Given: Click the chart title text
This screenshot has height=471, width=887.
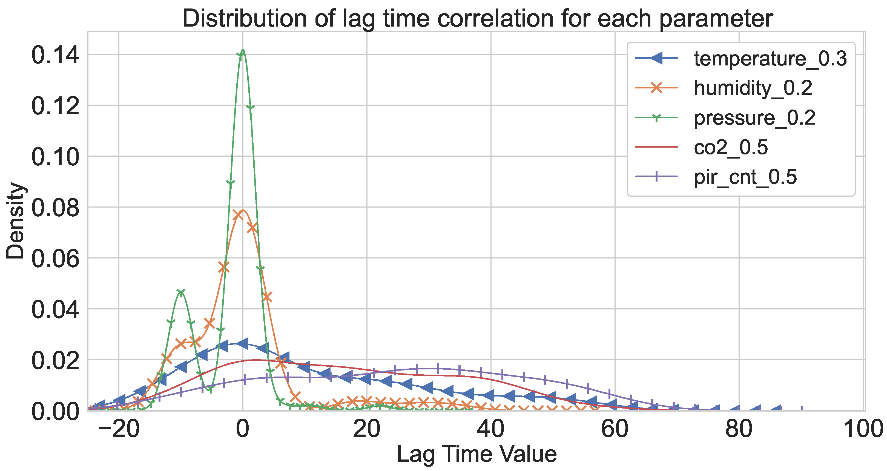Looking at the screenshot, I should click(478, 19).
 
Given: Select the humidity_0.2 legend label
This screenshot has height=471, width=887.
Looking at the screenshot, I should click(753, 88).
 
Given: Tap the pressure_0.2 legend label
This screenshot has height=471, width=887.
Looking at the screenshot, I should click(755, 118).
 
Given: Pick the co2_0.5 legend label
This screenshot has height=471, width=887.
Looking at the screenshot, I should click(731, 147).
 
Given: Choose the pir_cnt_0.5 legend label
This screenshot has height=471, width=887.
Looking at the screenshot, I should click(745, 177).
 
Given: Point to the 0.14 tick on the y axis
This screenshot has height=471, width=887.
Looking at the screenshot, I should click(55, 55).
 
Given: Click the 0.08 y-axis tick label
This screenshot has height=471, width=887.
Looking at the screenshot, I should click(55, 208).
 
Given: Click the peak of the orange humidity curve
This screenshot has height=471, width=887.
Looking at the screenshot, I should click(243, 210).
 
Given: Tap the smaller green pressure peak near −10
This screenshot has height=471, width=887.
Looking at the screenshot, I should click(181, 291).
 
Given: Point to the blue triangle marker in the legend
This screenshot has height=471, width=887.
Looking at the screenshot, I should click(656, 58).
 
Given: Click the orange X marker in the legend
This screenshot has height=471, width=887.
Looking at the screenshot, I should click(656, 88).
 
